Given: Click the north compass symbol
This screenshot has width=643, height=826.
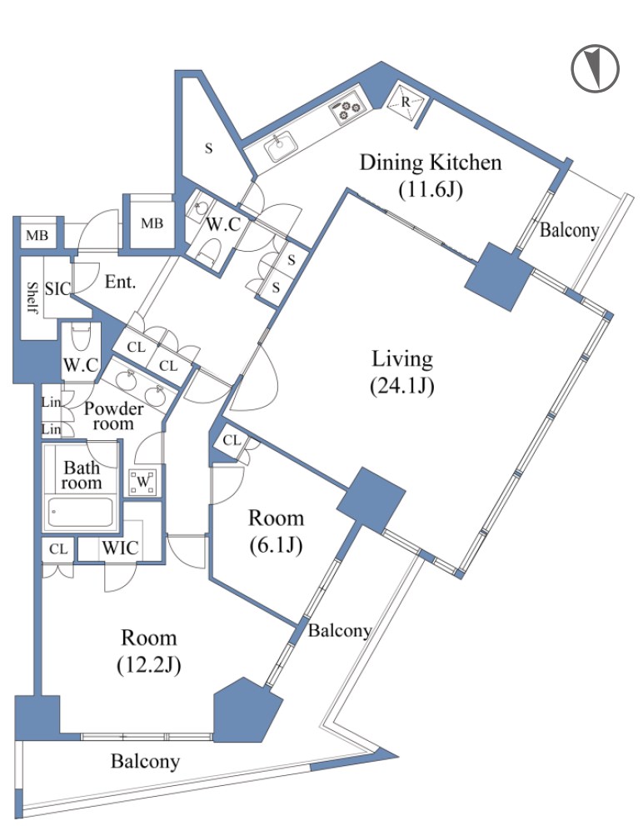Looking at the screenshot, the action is [x=595, y=68].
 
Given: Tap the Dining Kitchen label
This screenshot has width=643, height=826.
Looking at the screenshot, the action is [x=431, y=163].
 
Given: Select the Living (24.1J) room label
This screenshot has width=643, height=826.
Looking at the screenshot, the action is [x=402, y=372].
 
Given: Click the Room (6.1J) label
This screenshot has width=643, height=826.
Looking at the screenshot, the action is [x=276, y=532].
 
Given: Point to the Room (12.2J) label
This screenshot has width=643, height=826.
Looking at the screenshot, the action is [x=148, y=651].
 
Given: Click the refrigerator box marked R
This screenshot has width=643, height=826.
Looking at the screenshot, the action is [x=405, y=103].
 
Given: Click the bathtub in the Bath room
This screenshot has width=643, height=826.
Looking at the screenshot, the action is [x=81, y=513].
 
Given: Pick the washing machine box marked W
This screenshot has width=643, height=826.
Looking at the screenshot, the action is [x=143, y=482].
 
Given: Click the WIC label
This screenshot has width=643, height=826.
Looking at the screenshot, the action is [x=121, y=548].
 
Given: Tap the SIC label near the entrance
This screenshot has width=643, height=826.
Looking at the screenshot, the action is [x=57, y=288].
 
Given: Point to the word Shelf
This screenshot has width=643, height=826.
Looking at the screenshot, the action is [x=32, y=297].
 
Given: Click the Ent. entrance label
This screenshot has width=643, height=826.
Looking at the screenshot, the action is [x=120, y=282].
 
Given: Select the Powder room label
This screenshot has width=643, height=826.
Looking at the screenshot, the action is [x=113, y=416].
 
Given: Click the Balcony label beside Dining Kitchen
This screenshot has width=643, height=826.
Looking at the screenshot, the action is [x=569, y=230].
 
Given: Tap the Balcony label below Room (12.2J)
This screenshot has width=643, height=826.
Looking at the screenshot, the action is [x=146, y=761].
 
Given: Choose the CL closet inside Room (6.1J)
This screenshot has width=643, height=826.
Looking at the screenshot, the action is [x=232, y=440].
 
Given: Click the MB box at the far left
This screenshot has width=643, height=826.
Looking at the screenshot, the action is [x=37, y=235].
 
